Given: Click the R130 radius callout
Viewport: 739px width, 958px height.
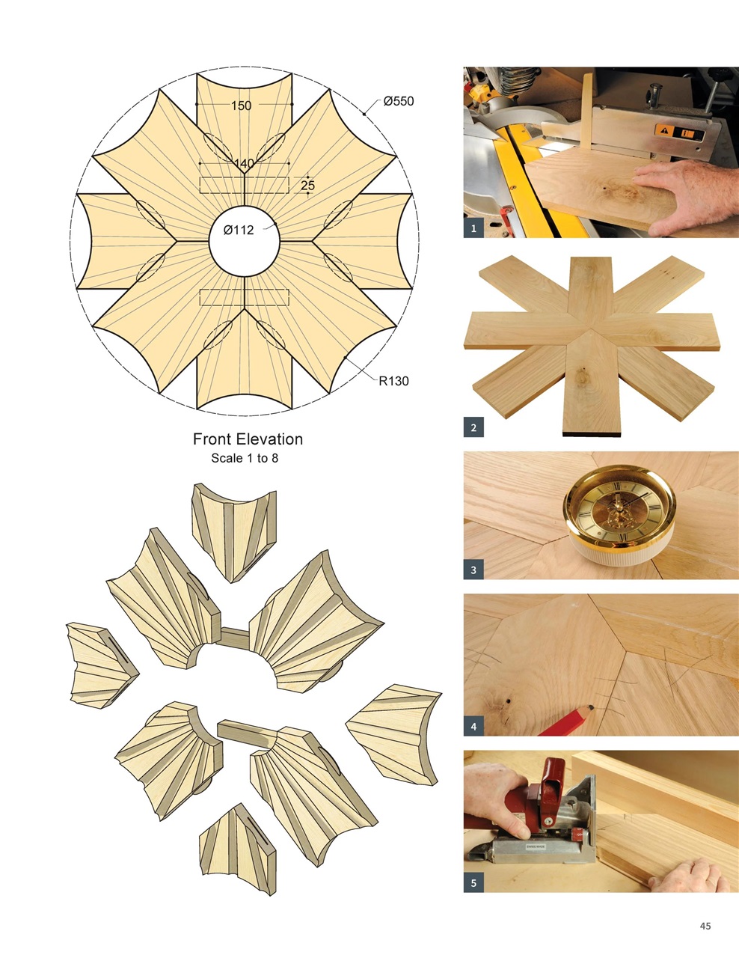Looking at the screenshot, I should pyautogui.click(x=393, y=381).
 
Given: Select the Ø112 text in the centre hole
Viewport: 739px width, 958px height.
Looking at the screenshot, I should pyautogui.click(x=239, y=231).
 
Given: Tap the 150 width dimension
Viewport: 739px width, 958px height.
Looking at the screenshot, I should pyautogui.click(x=241, y=106).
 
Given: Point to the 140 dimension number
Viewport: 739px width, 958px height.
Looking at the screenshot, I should pyautogui.click(x=244, y=164).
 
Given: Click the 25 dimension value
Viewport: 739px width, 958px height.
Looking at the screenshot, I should pyautogui.click(x=307, y=185).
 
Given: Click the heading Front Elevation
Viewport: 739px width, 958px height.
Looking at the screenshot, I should pyautogui.click(x=248, y=439).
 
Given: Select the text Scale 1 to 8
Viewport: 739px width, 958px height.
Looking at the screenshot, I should pyautogui.click(x=245, y=458).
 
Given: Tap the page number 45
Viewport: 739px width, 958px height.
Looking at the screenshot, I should pyautogui.click(x=705, y=926).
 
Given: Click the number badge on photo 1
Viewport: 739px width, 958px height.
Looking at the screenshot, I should pyautogui.click(x=473, y=229).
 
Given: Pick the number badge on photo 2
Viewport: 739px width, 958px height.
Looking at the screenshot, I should pyautogui.click(x=473, y=428).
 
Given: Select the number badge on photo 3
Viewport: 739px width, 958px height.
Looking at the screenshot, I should pyautogui.click(x=473, y=570).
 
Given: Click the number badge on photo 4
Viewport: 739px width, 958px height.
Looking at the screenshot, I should pyautogui.click(x=473, y=726).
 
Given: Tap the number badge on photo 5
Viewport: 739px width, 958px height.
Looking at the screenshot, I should pyautogui.click(x=473, y=883).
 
